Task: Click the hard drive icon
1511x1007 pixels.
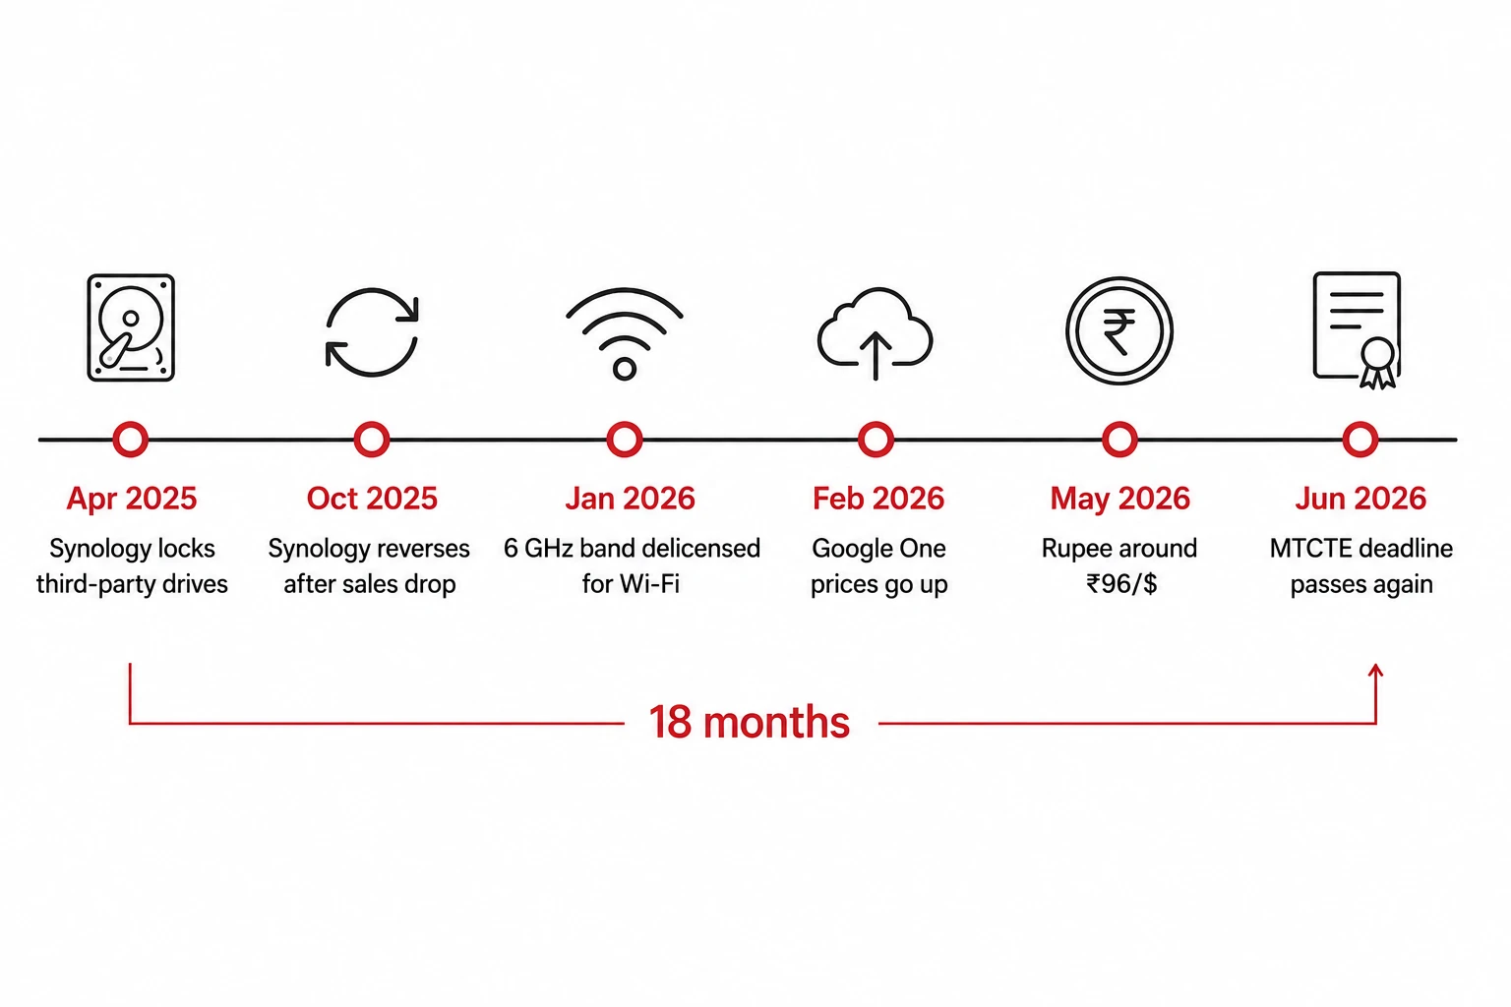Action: pyautogui.click(x=131, y=327)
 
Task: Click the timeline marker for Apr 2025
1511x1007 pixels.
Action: pyautogui.click(x=130, y=440)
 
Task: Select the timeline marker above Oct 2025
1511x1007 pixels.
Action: pyautogui.click(x=372, y=440)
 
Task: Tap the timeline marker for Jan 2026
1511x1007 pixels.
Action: pyautogui.click(x=625, y=440)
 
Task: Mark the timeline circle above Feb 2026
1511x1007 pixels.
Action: pyautogui.click(x=876, y=440)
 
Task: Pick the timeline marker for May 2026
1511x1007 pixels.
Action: pyautogui.click(x=1119, y=440)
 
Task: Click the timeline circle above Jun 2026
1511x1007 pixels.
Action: pyautogui.click(x=1360, y=440)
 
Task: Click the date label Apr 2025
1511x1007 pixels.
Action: pyautogui.click(x=132, y=500)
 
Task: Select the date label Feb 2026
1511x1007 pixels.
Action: pyautogui.click(x=878, y=499)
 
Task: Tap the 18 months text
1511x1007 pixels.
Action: pyautogui.click(x=750, y=723)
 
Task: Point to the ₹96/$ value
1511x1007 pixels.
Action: pyautogui.click(x=1121, y=584)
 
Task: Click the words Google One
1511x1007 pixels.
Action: pyautogui.click(x=878, y=549)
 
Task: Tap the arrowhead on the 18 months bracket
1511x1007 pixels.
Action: pyautogui.click(x=1375, y=671)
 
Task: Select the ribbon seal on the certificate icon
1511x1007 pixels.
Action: pyautogui.click(x=1377, y=363)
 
